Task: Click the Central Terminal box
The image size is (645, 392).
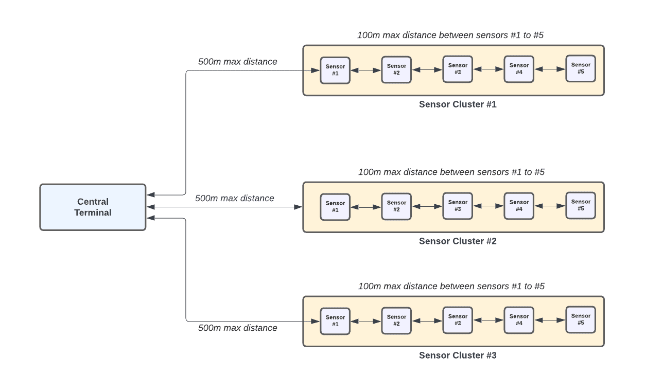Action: [93, 207]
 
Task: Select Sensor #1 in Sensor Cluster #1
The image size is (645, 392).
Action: [335, 70]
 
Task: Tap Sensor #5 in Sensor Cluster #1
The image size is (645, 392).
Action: [581, 68]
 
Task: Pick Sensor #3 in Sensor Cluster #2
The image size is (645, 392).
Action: [458, 206]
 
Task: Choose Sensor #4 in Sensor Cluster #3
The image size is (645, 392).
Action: [519, 320]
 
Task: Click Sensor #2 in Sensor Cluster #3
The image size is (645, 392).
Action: [396, 320]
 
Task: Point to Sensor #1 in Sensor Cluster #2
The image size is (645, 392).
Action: [335, 207]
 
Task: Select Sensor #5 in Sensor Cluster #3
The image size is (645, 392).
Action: [581, 319]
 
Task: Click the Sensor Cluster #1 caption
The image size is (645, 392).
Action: [458, 104]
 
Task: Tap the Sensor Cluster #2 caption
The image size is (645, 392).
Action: [458, 241]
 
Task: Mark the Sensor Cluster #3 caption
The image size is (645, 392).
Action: [458, 355]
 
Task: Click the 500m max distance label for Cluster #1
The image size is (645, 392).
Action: [237, 62]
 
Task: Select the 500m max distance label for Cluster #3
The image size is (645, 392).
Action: [237, 328]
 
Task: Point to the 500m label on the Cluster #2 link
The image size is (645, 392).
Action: [235, 198]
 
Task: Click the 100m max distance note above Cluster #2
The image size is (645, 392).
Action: [451, 172]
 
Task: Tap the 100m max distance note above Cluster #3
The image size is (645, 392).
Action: [451, 286]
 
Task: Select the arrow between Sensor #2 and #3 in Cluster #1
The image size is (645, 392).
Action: [427, 69]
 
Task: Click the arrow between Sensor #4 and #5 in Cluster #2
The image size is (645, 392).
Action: [550, 206]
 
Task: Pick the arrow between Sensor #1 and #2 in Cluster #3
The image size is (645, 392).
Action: [365, 321]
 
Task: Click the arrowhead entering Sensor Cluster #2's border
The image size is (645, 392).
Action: [298, 207]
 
